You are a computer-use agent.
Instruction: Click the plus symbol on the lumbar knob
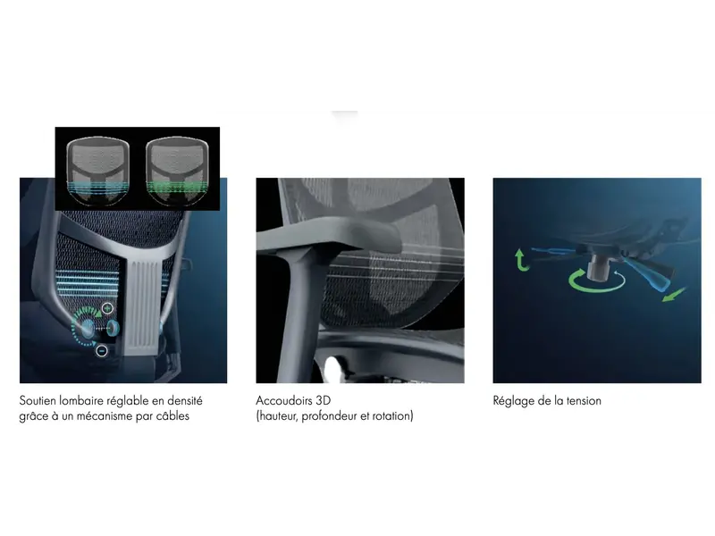click(x=107, y=308)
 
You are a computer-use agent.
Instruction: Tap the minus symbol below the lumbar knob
click(x=102, y=350)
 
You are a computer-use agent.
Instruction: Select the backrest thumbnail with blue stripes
click(x=97, y=171)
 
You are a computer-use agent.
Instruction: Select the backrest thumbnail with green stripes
click(x=177, y=171)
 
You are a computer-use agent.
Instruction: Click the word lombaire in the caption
click(x=81, y=401)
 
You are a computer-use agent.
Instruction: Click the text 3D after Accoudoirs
click(x=323, y=401)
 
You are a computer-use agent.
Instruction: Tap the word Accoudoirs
click(x=283, y=401)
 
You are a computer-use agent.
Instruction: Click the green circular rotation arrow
click(x=596, y=283)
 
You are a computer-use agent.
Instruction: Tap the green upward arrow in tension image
click(x=521, y=260)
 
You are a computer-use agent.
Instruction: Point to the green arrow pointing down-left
click(x=674, y=295)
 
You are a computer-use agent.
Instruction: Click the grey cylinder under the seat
click(x=597, y=269)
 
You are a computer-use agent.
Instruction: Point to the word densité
click(x=185, y=401)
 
